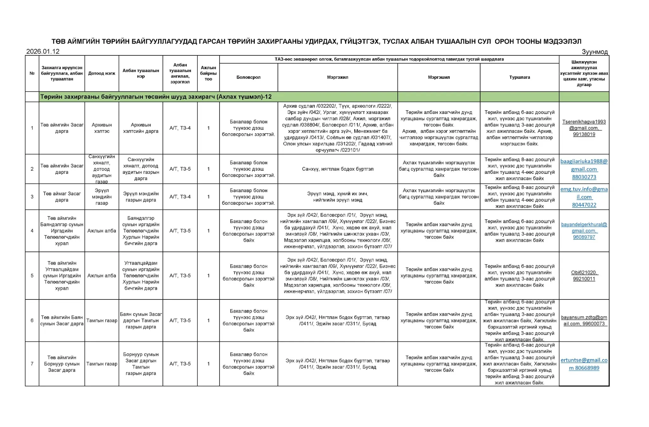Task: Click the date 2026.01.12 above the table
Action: click(x=43, y=52)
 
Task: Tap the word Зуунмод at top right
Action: click(x=594, y=52)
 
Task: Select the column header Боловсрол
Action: click(x=248, y=77)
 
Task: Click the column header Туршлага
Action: click(x=519, y=77)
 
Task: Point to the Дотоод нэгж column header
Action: click(x=102, y=73)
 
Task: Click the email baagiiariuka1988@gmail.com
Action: click(x=584, y=165)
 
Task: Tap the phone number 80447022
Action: click(x=584, y=205)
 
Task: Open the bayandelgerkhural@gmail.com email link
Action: click(x=584, y=228)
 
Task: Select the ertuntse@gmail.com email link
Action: click(x=584, y=360)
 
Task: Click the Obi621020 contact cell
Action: click(x=584, y=273)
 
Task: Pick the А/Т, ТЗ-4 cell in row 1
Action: click(x=180, y=128)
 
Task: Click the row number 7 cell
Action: click(x=32, y=364)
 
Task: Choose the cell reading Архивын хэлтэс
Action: click(x=102, y=128)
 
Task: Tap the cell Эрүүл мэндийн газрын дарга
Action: click(x=141, y=197)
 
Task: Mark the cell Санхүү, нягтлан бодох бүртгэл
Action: click(x=337, y=169)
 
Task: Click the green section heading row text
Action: click(x=156, y=97)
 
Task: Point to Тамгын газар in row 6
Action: click(x=102, y=320)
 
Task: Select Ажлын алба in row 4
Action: click(x=102, y=231)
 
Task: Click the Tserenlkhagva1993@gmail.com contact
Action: click(x=584, y=125)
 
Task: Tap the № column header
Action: click(x=32, y=73)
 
